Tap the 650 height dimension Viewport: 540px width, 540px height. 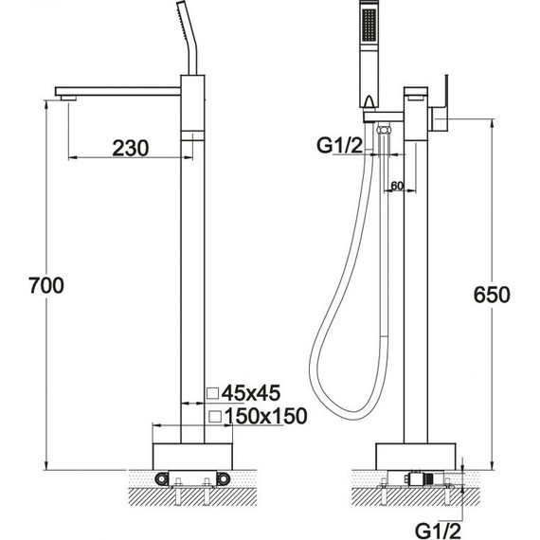click(x=492, y=294)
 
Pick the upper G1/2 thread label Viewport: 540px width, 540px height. click(x=339, y=145)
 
